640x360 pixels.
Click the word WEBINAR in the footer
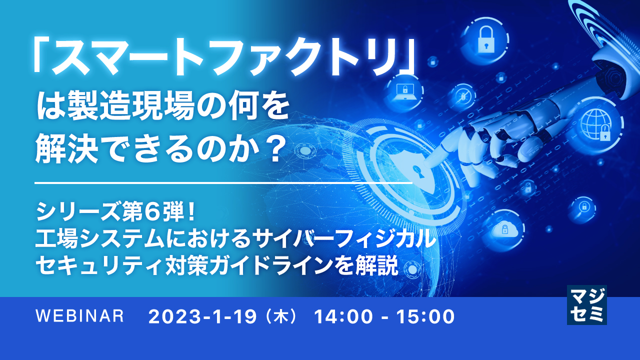tap(80, 316)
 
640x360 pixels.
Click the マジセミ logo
tap(586, 304)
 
